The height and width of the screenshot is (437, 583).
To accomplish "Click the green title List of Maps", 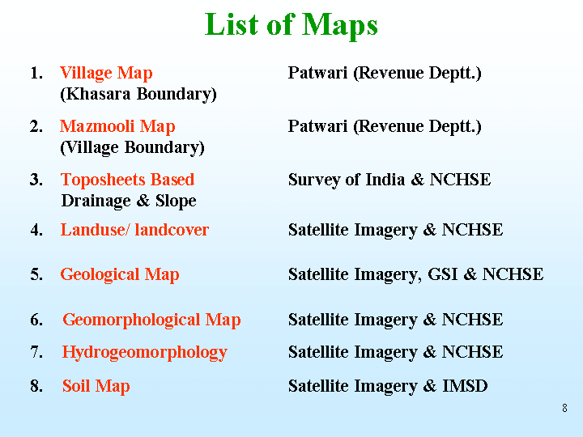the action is pyautogui.click(x=291, y=24).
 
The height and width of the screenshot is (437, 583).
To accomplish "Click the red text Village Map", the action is pyautogui.click(x=106, y=73).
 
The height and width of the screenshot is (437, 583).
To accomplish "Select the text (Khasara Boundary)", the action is pyautogui.click(x=138, y=94).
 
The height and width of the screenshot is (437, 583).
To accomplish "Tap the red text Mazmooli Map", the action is pyautogui.click(x=117, y=126).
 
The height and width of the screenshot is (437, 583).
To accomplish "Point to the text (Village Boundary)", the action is pyautogui.click(x=132, y=147).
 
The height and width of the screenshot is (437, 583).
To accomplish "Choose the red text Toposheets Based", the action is pyautogui.click(x=128, y=180).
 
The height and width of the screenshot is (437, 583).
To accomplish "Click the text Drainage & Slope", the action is pyautogui.click(x=129, y=201).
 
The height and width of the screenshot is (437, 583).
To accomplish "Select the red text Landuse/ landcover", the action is pyautogui.click(x=134, y=230).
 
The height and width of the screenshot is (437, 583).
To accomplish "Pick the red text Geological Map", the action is pyautogui.click(x=120, y=275).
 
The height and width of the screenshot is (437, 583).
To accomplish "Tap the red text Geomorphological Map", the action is pyautogui.click(x=151, y=320).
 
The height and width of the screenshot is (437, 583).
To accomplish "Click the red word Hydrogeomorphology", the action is pyautogui.click(x=145, y=352).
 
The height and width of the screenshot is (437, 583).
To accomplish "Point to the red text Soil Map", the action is pyautogui.click(x=96, y=386).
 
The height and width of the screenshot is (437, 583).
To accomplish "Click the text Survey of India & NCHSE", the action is pyautogui.click(x=389, y=180).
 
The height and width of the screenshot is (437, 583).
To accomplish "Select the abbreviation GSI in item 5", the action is pyautogui.click(x=442, y=274).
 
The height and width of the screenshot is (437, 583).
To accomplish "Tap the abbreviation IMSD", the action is pyautogui.click(x=465, y=386).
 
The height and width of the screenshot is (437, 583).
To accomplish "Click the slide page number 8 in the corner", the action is pyautogui.click(x=565, y=408).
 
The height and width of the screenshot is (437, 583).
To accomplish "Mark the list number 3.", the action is pyautogui.click(x=36, y=180).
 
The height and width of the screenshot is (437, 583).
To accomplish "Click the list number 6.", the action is pyautogui.click(x=36, y=320).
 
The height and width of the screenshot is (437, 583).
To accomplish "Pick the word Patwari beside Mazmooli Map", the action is pyautogui.click(x=318, y=126).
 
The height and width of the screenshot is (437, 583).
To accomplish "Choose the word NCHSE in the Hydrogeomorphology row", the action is pyautogui.click(x=472, y=351).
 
